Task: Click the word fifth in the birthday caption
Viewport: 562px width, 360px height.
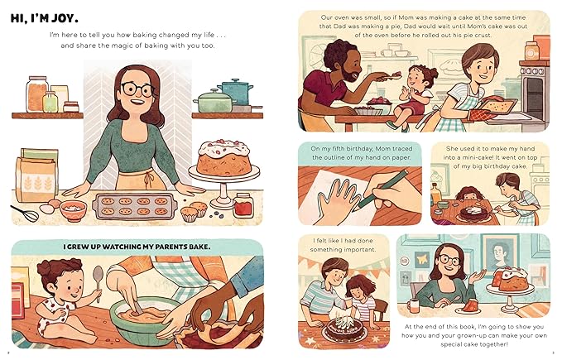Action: pos(337,150)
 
